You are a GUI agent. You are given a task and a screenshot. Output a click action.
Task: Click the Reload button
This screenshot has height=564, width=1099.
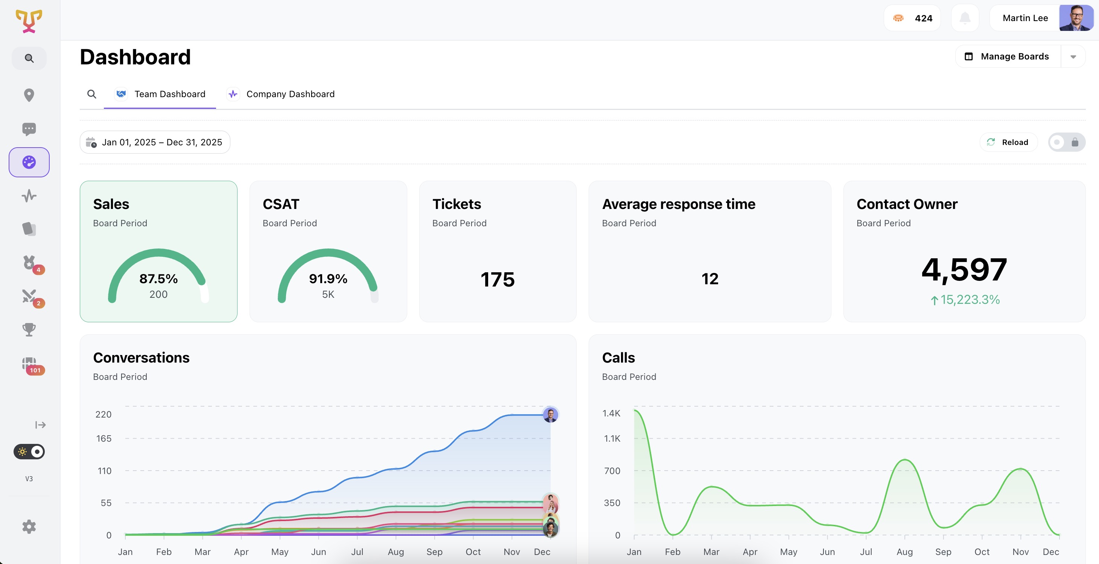tap(1008, 142)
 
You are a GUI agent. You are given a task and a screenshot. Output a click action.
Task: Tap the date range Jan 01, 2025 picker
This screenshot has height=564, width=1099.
tap(155, 142)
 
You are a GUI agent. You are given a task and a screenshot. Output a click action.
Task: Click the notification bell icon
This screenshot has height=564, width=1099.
tap(965, 18)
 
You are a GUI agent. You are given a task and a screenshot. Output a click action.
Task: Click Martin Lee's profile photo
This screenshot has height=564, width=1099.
tap(1076, 18)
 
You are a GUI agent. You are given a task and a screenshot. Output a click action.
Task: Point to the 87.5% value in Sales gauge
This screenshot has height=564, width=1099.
tap(158, 279)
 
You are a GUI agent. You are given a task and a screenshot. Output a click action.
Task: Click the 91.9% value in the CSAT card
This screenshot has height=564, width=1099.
tap(328, 279)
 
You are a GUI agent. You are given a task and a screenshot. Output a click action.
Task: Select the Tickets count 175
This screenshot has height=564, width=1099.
tap(498, 279)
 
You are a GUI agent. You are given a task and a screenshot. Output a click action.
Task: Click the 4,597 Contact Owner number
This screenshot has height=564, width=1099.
tap(964, 269)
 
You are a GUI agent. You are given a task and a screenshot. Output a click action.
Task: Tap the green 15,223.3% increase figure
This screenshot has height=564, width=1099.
tap(965, 299)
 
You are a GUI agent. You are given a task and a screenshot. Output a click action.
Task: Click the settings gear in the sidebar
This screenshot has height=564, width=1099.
tap(29, 526)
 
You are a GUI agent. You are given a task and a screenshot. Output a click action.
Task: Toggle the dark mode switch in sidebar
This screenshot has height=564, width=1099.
tap(29, 451)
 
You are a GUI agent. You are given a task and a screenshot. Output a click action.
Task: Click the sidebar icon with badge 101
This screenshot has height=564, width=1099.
tap(29, 364)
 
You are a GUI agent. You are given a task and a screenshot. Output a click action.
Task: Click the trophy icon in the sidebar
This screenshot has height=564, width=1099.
tap(29, 329)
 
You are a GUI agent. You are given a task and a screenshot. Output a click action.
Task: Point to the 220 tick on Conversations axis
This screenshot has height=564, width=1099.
tap(103, 414)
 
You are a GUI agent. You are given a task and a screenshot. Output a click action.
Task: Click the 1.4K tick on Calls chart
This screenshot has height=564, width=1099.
tap(611, 413)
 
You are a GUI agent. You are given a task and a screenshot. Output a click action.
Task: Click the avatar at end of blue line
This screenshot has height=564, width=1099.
tap(550, 414)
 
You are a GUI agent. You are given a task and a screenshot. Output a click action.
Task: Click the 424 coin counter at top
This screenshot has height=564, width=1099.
tap(912, 18)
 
